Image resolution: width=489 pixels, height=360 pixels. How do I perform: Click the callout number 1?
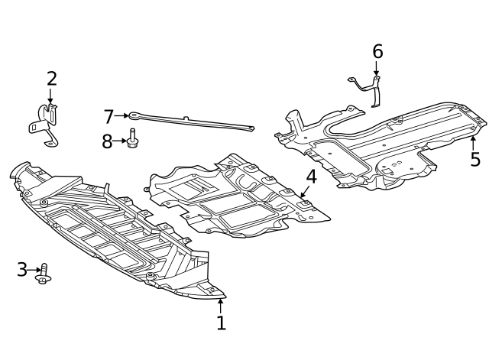tap(221, 323)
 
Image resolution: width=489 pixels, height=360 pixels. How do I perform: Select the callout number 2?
tap(51, 79)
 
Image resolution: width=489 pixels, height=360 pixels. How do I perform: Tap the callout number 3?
tap(22, 270)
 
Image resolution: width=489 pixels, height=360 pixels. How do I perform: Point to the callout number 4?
tap(311, 177)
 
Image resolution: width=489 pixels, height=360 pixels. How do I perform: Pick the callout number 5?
tap(474, 160)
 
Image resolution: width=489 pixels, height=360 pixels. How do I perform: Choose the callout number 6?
tap(377, 52)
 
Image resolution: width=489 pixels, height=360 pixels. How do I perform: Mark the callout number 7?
tap(108, 117)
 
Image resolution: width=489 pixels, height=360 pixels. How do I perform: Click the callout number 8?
tap(107, 141)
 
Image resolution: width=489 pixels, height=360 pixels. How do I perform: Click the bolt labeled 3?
tap(44, 272)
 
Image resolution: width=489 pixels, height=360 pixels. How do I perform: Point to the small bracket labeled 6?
tap(371, 88)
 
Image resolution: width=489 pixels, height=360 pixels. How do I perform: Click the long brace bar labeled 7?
tap(191, 122)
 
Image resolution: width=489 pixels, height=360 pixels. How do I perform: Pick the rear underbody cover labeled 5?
tap(382, 145)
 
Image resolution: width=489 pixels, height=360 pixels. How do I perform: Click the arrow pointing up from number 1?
tap(221, 305)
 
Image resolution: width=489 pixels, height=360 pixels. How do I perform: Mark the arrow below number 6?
tap(377, 69)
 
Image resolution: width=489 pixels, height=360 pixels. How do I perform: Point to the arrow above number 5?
tap(474, 142)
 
